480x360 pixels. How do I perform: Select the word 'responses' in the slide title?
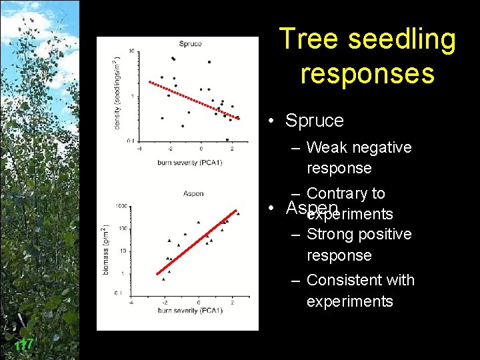[x=367, y=73]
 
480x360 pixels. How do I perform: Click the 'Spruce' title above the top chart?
[x=190, y=44]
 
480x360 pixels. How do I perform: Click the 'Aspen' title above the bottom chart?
[x=193, y=193]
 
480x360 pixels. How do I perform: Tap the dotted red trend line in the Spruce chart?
[x=193, y=101]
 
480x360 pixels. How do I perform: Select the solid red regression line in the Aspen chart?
[x=193, y=243]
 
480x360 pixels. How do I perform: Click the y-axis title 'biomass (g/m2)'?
[x=104, y=251]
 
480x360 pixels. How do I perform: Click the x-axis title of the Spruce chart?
[x=190, y=162]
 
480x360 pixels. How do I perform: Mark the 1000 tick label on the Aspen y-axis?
[x=121, y=206]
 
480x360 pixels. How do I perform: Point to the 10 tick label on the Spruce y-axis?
[x=131, y=51]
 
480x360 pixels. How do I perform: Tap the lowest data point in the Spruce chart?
[x=227, y=140]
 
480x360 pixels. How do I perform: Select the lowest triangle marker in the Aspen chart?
[x=163, y=279]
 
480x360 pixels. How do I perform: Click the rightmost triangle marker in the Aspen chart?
[x=237, y=214]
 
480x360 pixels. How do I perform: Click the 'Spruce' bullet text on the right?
[x=314, y=121]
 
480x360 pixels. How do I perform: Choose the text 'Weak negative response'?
[x=359, y=157]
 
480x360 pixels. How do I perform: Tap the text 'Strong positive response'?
[x=359, y=245]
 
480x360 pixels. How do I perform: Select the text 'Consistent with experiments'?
[x=360, y=291]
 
